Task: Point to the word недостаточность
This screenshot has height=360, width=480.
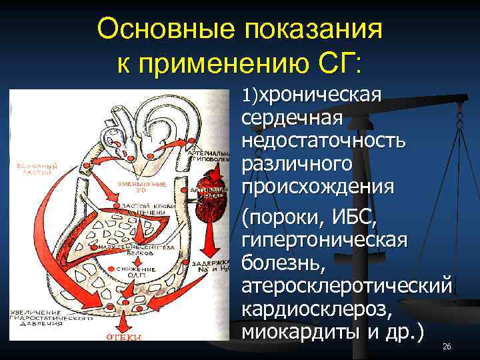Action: tap(323, 141)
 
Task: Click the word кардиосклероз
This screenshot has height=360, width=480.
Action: tap(315, 307)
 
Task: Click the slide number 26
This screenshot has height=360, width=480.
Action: tap(447, 347)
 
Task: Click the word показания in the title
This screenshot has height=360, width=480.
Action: tap(323, 29)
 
